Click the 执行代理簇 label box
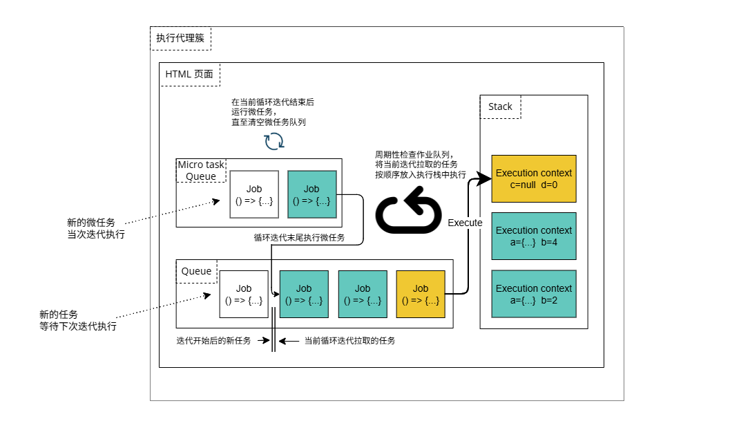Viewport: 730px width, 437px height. pos(180,39)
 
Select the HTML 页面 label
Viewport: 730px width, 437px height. pos(190,74)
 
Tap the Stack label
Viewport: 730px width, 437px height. pos(500,106)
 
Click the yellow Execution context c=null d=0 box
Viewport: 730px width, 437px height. pos(534,178)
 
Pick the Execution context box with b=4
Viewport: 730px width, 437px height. pos(534,236)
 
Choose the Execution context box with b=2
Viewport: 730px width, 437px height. pos(534,294)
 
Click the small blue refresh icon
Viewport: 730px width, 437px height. pos(274,141)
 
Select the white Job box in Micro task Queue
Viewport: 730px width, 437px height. pos(253,195)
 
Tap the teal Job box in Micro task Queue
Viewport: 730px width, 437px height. pos(311,195)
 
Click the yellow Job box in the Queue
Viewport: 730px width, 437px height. pos(421,294)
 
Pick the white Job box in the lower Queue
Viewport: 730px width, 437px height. pos(244,294)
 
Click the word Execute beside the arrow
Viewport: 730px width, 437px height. pos(465,223)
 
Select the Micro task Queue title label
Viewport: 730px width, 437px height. pos(201,170)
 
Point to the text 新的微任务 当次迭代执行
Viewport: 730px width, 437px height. pos(96,228)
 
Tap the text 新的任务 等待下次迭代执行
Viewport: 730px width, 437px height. pos(77,320)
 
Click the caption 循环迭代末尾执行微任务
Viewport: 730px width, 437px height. pos(299,238)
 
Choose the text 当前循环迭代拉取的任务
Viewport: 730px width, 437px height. pos(349,340)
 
